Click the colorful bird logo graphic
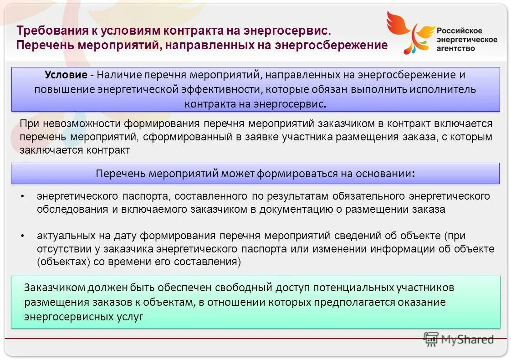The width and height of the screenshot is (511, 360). click(x=409, y=32)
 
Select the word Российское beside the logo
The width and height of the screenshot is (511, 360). click(x=460, y=31)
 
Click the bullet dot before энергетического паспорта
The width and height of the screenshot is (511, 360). click(x=23, y=196)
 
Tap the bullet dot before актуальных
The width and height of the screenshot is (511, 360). click(x=23, y=236)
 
